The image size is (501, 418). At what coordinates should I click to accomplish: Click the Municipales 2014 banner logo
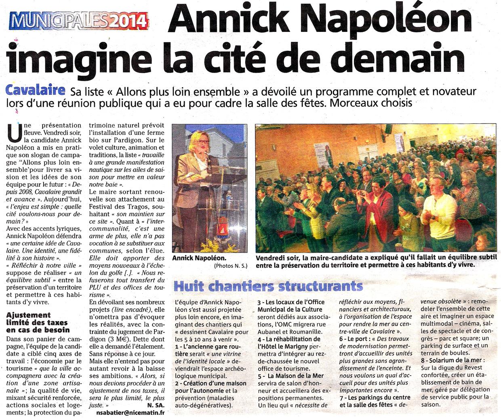79,19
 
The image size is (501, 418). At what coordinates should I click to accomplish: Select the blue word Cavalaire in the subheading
36,89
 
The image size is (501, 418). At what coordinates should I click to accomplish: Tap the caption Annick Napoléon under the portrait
199,258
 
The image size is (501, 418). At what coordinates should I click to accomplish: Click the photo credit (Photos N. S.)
231,265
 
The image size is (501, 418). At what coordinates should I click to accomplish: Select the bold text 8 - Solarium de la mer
452,360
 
